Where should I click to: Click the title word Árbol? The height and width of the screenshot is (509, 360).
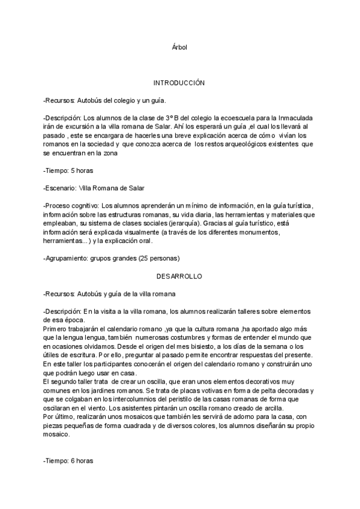tap(179, 47)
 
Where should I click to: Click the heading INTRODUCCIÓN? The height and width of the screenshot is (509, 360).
tap(179, 83)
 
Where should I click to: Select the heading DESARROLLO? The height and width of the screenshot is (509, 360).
tap(179, 277)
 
